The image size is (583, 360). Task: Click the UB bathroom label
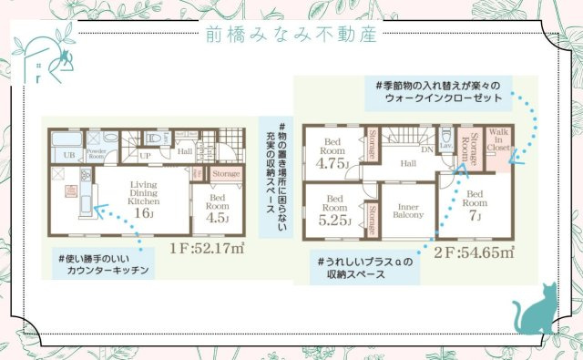[67, 156]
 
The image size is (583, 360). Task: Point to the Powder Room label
[97, 155]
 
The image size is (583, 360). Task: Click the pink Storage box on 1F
[226, 173]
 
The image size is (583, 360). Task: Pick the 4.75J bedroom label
[332, 156]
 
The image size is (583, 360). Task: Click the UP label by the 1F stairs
[145, 156]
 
